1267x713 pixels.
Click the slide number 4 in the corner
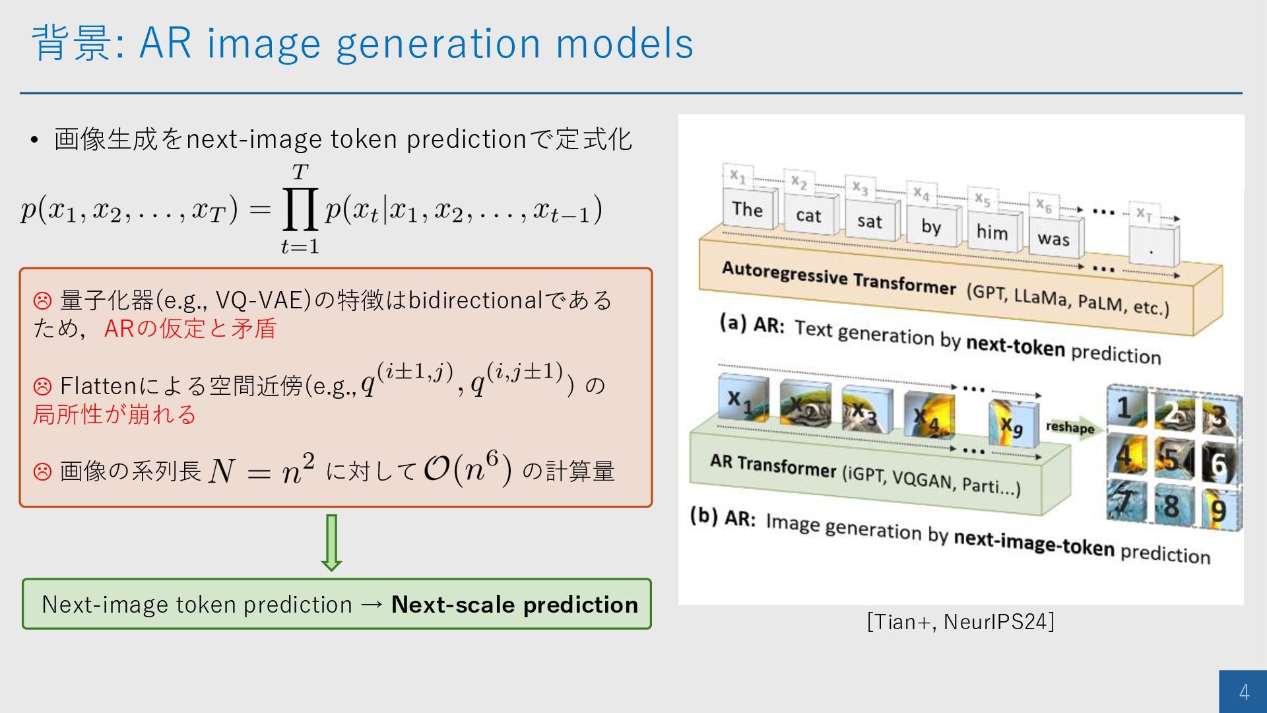1244,691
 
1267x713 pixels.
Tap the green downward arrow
331,543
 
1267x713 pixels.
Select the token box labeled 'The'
749,209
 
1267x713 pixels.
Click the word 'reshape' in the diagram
1070,427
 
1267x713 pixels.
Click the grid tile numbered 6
1221,463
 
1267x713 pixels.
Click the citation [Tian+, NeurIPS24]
961,622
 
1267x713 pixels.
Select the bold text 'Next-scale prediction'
515,604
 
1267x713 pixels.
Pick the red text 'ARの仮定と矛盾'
190,328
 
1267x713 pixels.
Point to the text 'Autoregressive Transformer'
839,278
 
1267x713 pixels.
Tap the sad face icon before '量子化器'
42,301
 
